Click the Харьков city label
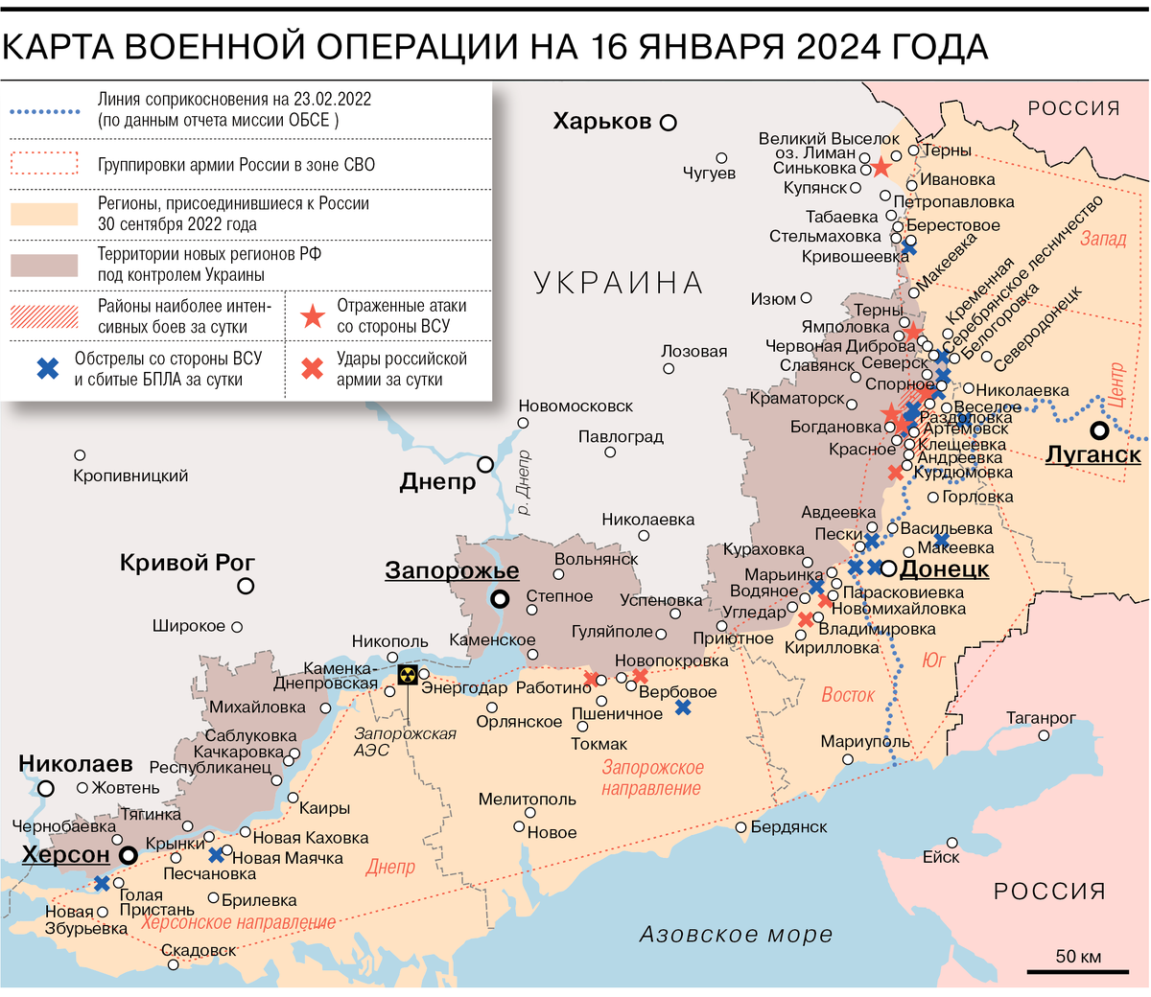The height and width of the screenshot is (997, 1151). click(x=602, y=122)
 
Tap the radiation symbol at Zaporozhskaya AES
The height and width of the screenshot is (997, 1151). click(x=408, y=675)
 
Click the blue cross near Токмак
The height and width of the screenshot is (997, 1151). click(x=682, y=707)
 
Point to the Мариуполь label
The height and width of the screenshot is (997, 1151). click(x=865, y=742)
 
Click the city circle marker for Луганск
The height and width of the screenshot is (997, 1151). click(x=1099, y=431)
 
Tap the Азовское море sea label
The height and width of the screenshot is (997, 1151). click(x=736, y=935)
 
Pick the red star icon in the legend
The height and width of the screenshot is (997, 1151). click(x=313, y=316)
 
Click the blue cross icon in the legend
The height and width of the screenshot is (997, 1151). click(x=47, y=368)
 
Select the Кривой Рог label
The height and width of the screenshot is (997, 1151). click(x=187, y=563)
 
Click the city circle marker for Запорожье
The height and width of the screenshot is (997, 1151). click(x=500, y=600)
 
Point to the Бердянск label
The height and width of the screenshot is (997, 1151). click(x=788, y=826)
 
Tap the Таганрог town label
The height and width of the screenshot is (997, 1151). click(x=1041, y=718)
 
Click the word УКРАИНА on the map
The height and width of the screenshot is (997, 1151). click(x=618, y=284)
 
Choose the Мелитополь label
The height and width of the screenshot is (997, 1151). click(x=527, y=800)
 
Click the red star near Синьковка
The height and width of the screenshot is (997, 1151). click(x=881, y=169)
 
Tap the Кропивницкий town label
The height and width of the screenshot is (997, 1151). click(x=130, y=475)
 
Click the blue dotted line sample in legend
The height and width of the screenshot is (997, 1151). click(x=44, y=111)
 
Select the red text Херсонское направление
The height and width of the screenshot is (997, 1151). click(x=238, y=923)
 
